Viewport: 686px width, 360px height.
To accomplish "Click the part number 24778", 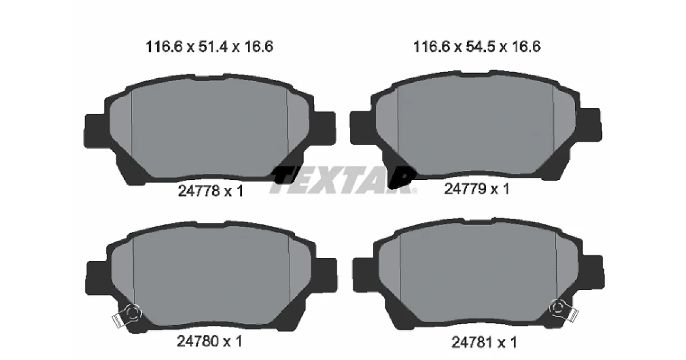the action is [x=199, y=191].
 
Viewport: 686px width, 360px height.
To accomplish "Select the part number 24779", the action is [x=465, y=189].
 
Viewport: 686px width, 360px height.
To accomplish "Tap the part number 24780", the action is [x=198, y=341].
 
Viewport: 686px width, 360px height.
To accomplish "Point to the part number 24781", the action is [x=472, y=342].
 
